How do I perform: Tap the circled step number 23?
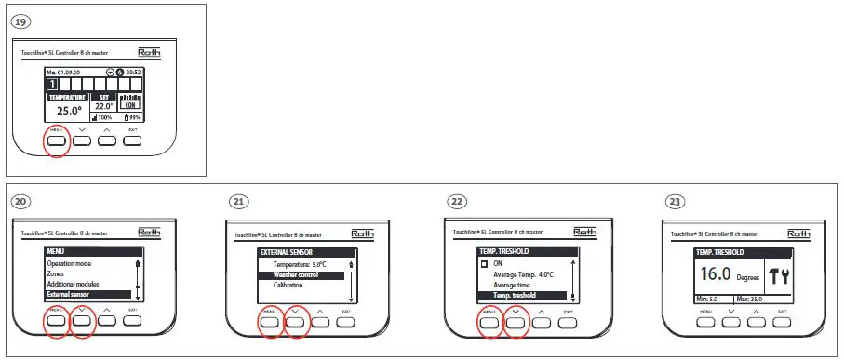(675, 201)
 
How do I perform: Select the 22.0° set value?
(104, 106)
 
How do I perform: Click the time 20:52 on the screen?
(133, 72)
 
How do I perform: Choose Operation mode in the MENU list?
(74, 264)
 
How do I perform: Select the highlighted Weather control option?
(296, 275)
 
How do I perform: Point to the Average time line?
(511, 285)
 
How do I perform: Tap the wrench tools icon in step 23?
(776, 275)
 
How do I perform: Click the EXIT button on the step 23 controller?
(783, 319)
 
